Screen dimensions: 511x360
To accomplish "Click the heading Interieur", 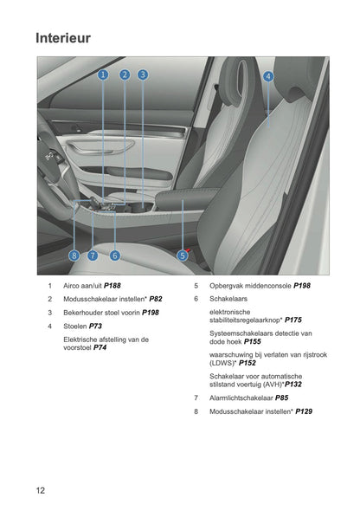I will pyautogui.click(x=63, y=38).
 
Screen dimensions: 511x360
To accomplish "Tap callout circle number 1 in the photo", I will pyautogui.click(x=103, y=75).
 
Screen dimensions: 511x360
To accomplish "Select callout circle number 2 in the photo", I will pyautogui.click(x=125, y=75).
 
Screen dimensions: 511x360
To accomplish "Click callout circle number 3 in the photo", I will pyautogui.click(x=143, y=75).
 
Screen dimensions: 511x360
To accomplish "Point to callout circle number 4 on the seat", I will pyautogui.click(x=268, y=76).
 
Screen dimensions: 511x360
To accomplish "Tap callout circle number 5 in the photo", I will pyautogui.click(x=183, y=255).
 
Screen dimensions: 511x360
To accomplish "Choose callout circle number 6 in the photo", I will pyautogui.click(x=114, y=255).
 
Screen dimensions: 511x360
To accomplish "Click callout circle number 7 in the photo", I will pyautogui.click(x=93, y=255).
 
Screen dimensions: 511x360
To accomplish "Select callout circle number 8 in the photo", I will pyautogui.click(x=74, y=255).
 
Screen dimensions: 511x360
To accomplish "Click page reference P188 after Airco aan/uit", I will pyautogui.click(x=112, y=285).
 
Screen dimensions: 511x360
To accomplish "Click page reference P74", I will pyautogui.click(x=100, y=347).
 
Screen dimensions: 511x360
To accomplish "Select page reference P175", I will pyautogui.click(x=293, y=320).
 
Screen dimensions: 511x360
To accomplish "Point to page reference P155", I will pyautogui.click(x=252, y=341).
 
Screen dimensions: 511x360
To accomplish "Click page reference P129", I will pyautogui.click(x=304, y=411).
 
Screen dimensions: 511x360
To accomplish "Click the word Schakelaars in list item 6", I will pyautogui.click(x=228, y=298).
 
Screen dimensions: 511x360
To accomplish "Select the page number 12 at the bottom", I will pyautogui.click(x=41, y=490).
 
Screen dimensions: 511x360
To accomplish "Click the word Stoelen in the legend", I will pyautogui.click(x=76, y=326).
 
